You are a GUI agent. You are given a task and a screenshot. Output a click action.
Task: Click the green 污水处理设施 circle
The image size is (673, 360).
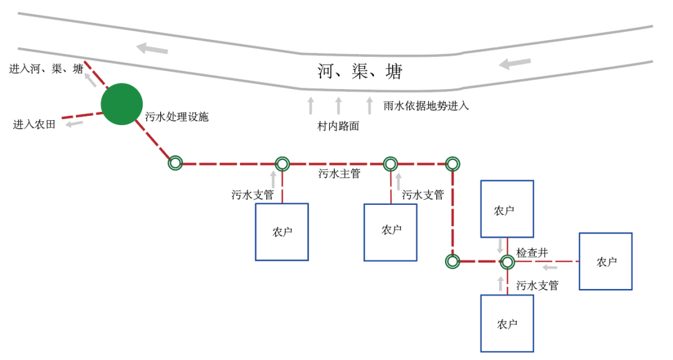point(122,104)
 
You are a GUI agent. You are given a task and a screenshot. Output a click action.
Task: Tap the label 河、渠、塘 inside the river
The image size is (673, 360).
point(360,72)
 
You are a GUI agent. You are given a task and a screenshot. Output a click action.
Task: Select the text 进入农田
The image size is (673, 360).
point(34,125)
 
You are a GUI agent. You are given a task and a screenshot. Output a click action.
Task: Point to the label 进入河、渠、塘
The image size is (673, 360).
point(46,69)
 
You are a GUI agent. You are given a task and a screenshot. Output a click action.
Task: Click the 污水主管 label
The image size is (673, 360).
point(339,174)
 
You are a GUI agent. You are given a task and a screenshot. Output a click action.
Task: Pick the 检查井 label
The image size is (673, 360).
point(532,253)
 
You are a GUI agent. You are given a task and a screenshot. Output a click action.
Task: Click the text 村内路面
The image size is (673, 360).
point(338,126)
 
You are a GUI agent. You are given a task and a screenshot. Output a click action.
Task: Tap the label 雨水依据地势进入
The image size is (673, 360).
point(426,106)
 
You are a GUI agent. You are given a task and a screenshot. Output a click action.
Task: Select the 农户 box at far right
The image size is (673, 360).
point(606,262)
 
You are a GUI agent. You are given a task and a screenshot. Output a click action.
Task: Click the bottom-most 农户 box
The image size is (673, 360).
point(507,324)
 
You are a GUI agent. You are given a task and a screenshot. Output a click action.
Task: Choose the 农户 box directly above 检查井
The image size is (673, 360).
point(507,210)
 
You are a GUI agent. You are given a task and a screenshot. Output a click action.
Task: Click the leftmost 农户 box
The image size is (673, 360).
point(282,232)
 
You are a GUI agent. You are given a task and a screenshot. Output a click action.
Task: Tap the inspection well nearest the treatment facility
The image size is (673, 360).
point(175,164)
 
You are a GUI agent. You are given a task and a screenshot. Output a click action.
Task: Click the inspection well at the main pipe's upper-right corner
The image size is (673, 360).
point(453,164)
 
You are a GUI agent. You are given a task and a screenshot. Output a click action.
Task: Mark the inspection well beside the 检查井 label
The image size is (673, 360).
point(507,262)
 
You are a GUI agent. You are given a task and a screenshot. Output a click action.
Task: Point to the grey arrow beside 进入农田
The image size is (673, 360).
point(75,123)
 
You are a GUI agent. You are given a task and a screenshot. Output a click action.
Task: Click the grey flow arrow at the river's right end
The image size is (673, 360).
point(515,63)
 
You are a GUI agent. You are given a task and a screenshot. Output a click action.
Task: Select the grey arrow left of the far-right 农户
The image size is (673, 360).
point(550,267)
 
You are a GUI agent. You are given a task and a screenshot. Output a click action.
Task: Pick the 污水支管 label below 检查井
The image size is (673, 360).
point(537,286)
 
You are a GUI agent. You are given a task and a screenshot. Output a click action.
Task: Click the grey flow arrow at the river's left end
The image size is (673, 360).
point(153,48)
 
